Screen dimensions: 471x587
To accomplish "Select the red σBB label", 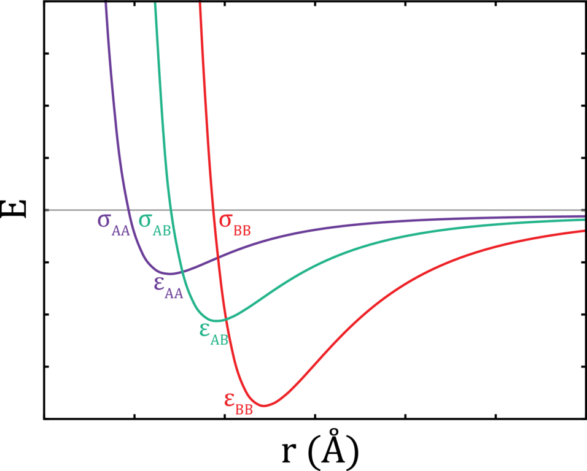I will point(234,223).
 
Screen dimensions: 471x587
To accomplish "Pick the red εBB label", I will point(238,404).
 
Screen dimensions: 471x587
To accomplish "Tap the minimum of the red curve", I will point(265,405).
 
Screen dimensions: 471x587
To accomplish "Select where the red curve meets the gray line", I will point(214,210).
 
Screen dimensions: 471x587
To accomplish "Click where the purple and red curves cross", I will point(218,258).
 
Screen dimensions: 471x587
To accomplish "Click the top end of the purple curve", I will point(106,5).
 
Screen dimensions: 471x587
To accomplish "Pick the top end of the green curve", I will point(155,5).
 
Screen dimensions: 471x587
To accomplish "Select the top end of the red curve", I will point(200,5).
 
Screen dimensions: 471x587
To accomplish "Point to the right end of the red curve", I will point(583,231).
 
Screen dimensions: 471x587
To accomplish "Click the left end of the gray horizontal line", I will point(46,210).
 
